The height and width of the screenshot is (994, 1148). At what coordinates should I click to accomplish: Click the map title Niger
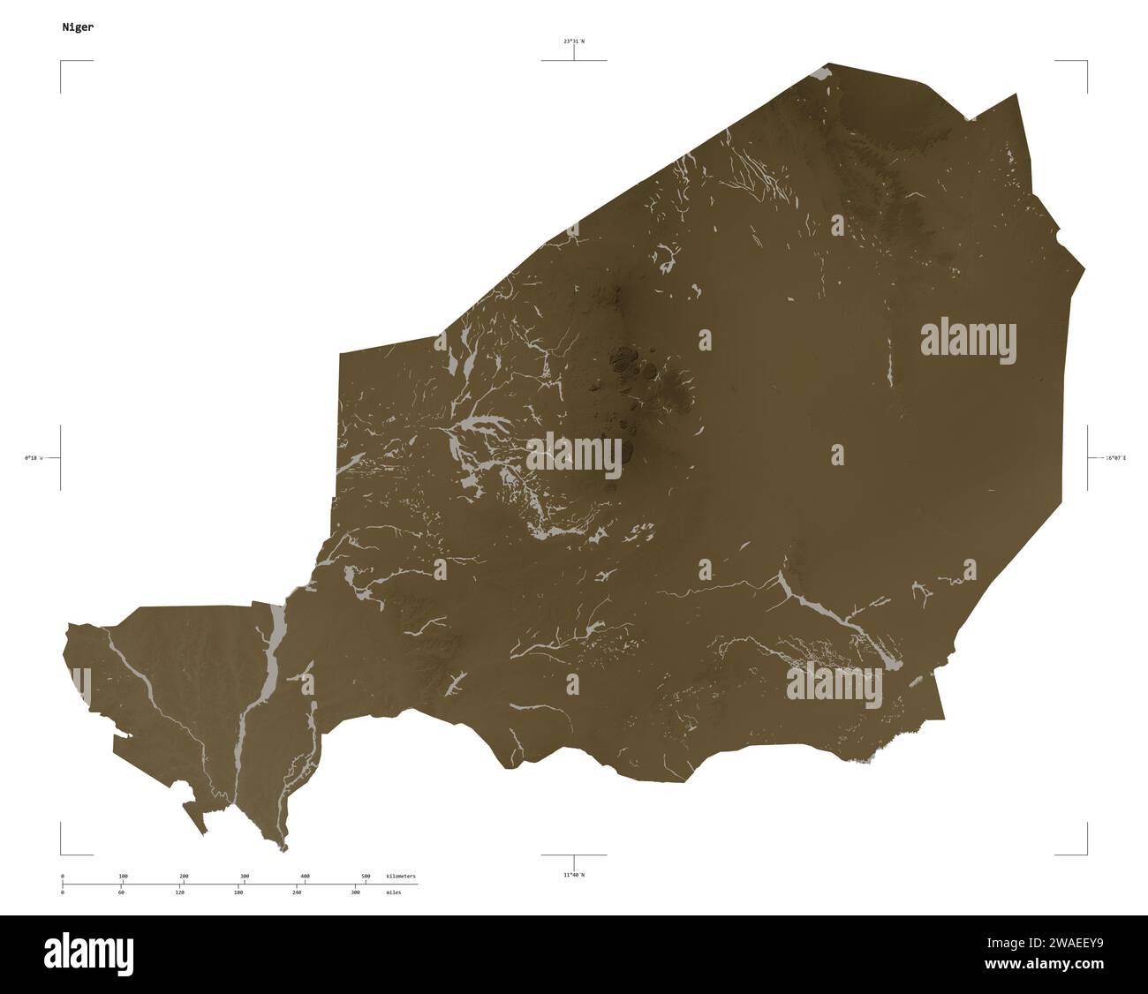[79, 27]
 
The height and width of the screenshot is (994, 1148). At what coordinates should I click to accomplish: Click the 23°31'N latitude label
[575, 41]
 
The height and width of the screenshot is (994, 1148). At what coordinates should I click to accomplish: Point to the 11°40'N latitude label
[574, 875]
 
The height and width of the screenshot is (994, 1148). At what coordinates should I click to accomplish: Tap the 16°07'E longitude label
[1115, 457]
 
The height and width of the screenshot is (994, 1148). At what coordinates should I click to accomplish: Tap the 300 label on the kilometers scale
[245, 876]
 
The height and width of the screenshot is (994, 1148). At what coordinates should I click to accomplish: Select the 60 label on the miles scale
[121, 893]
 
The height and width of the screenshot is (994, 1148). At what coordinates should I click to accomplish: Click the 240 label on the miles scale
[297, 893]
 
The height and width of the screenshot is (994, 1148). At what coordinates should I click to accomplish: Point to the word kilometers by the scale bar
[401, 876]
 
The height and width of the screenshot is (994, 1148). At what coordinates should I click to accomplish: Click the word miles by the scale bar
[394, 893]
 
